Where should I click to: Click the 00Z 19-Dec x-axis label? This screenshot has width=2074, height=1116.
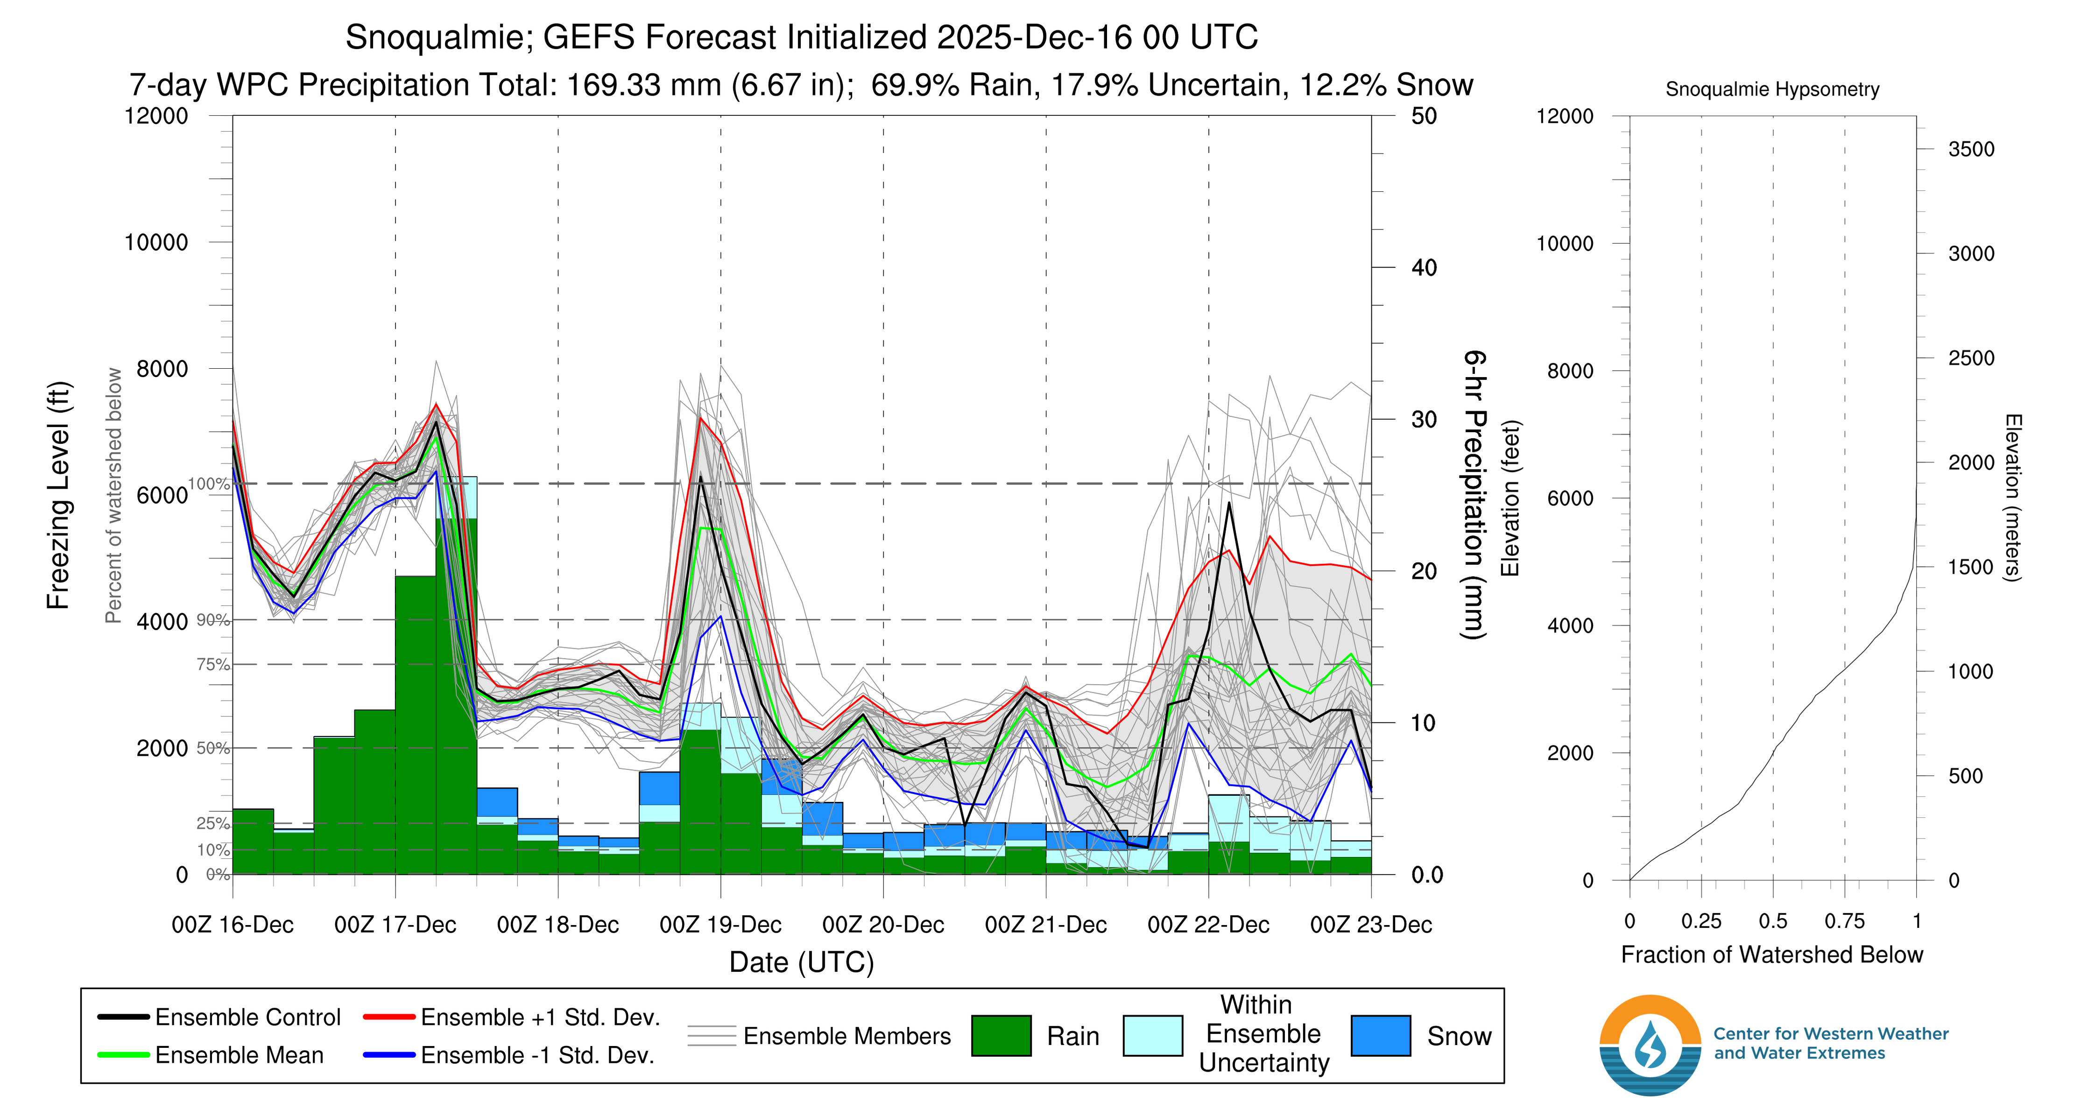click(x=720, y=925)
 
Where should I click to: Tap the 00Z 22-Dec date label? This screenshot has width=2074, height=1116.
click(x=1208, y=925)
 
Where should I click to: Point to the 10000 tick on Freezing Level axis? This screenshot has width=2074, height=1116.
click(x=156, y=242)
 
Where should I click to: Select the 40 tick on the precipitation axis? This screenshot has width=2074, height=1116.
click(x=1424, y=268)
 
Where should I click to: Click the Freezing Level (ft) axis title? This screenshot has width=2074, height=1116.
click(x=59, y=495)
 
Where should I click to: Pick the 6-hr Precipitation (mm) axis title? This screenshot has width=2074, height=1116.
click(x=1474, y=495)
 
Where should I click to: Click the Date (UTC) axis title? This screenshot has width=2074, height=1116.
click(x=801, y=962)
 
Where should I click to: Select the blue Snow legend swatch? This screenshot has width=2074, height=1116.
click(x=1380, y=1036)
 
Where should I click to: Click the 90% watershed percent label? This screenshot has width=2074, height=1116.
click(x=212, y=620)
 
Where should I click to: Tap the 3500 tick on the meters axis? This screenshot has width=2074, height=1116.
click(x=1971, y=149)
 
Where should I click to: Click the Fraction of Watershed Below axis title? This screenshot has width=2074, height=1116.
click(x=1771, y=955)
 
